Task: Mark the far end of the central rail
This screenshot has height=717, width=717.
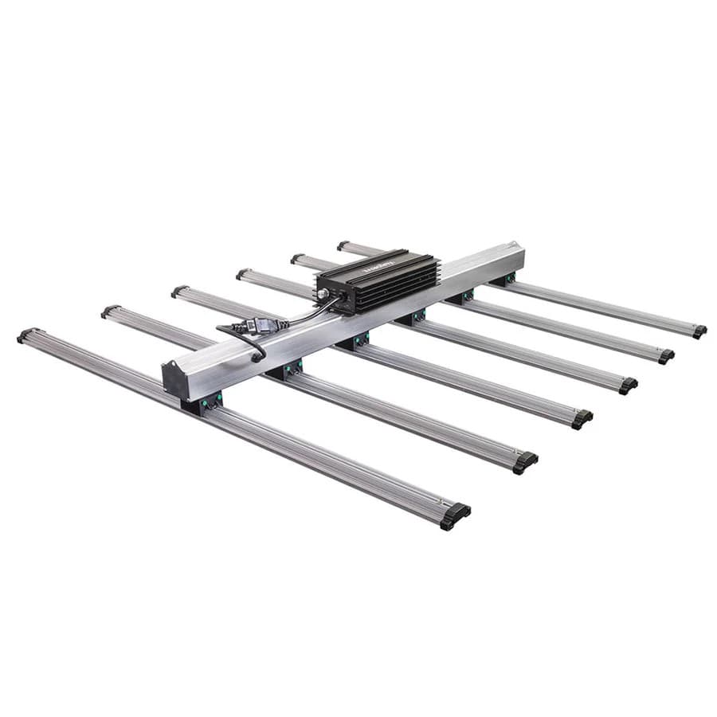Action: click(519, 257)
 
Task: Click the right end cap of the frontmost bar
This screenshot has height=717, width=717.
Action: click(455, 515)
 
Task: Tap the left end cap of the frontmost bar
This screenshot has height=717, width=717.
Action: click(26, 335)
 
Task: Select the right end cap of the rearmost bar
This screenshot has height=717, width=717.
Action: click(699, 331)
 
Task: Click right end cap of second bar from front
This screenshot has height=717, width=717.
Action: click(524, 462)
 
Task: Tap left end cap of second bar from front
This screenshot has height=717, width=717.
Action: click(110, 311)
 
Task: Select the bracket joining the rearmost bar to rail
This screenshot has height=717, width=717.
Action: click(503, 280)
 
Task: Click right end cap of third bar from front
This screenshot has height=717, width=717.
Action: click(582, 418)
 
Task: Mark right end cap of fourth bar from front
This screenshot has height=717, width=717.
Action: click(628, 385)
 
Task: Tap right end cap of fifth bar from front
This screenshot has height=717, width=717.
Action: click(665, 355)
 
